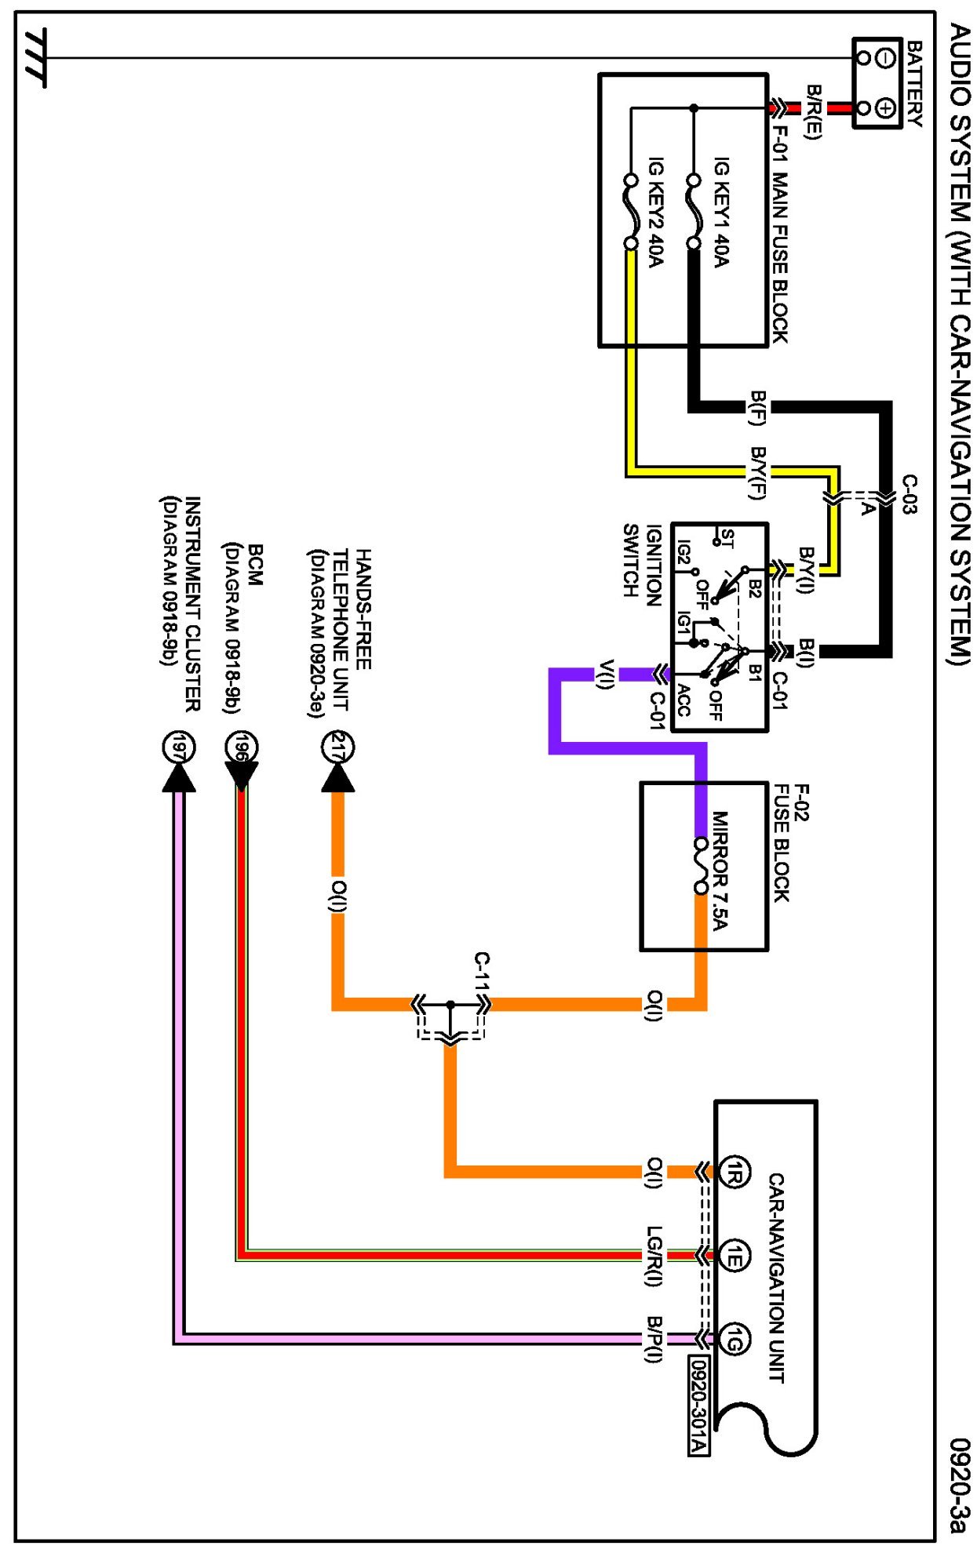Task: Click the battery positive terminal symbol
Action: tap(885, 108)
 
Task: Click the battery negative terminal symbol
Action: tap(885, 58)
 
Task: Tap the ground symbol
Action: tap(35, 56)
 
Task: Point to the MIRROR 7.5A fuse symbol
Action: tap(701, 865)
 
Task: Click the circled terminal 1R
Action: tap(735, 1172)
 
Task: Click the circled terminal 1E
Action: tap(735, 1257)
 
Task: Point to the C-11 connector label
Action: tap(482, 973)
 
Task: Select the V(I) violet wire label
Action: tap(605, 675)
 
